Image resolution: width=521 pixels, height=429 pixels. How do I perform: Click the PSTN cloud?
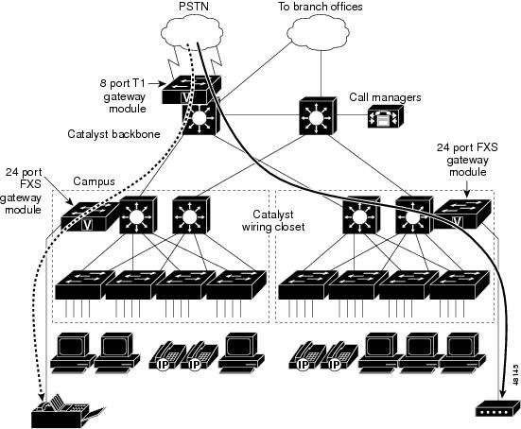coord(192,32)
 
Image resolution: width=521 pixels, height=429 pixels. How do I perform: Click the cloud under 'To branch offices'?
coord(318,32)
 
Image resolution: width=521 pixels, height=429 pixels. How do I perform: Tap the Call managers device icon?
coord(386,116)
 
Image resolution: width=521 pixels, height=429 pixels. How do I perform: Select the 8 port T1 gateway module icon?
coord(191,90)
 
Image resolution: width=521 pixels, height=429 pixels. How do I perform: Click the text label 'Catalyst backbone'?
coord(113,134)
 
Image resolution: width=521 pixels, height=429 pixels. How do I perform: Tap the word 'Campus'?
coord(94,181)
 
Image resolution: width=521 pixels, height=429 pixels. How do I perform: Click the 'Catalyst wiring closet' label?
coord(273,220)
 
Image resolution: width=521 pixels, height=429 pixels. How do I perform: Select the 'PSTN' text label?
coord(194,6)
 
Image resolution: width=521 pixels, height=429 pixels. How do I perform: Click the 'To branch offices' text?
coord(320,7)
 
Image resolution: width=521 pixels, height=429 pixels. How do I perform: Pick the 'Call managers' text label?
coord(385,97)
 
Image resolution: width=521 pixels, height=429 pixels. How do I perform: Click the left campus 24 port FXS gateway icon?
coord(90,215)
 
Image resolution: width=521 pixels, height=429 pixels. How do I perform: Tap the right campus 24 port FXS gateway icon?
coord(461,214)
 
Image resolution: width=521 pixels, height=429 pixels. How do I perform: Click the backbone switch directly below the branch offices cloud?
coord(318,116)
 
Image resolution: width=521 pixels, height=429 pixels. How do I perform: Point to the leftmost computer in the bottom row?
coord(73,352)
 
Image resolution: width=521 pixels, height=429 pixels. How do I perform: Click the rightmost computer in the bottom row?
coord(463,352)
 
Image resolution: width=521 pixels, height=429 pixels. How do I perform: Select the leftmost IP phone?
coord(167,356)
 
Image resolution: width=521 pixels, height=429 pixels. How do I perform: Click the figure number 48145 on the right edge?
coord(515,375)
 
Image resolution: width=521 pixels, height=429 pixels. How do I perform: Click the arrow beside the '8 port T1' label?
coord(157,83)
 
